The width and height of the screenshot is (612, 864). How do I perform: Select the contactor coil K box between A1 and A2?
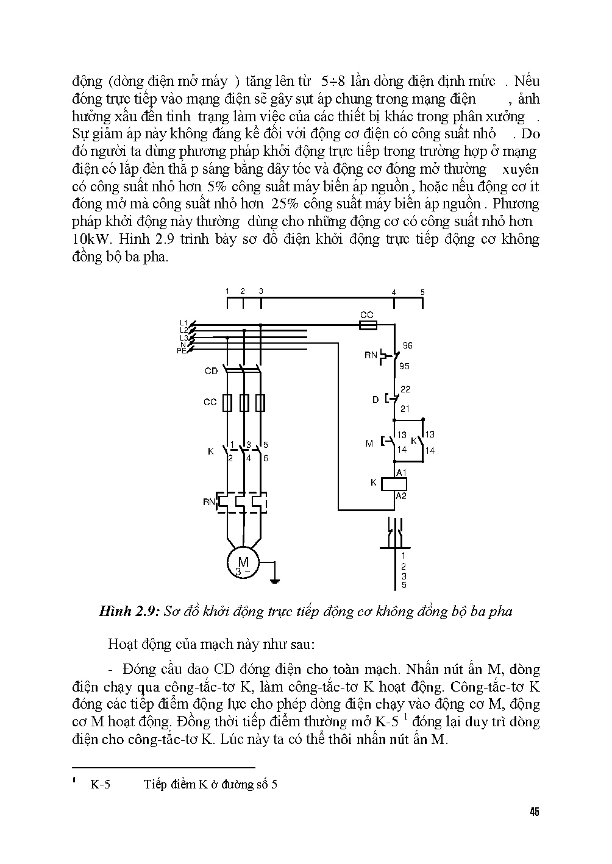(393, 484)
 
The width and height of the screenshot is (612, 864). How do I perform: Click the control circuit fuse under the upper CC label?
(367, 327)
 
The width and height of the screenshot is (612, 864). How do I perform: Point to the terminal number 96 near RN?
(407, 345)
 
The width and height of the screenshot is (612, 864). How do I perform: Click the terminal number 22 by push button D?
(405, 389)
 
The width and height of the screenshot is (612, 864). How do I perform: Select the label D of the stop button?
(375, 400)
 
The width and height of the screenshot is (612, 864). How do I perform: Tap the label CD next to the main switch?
(211, 371)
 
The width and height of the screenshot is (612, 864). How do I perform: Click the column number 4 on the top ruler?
(394, 292)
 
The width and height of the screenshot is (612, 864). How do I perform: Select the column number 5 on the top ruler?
(422, 292)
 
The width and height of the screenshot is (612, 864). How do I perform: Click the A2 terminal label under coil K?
(401, 496)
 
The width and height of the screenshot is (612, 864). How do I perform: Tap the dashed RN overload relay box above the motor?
(243, 502)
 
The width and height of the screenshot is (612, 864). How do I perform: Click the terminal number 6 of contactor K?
(266, 458)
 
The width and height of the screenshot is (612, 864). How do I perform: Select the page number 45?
(535, 812)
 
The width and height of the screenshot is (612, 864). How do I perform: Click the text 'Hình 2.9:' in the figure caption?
(129, 612)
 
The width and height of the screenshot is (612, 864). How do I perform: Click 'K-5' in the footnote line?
(101, 785)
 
